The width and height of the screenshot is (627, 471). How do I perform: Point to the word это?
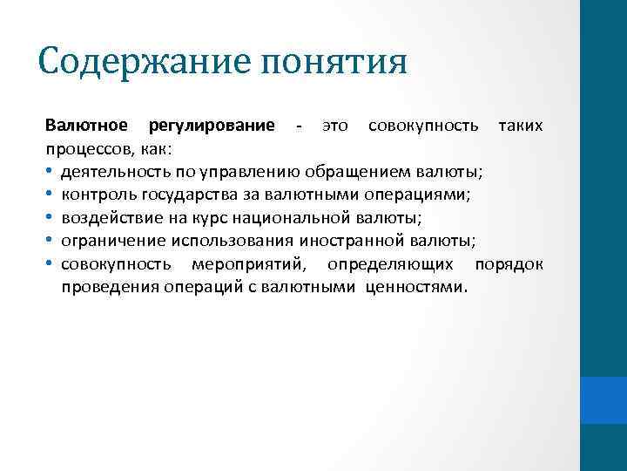(x=335, y=127)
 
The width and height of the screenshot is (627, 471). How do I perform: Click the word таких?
(x=520, y=127)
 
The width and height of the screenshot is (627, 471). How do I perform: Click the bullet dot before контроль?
(x=51, y=193)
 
